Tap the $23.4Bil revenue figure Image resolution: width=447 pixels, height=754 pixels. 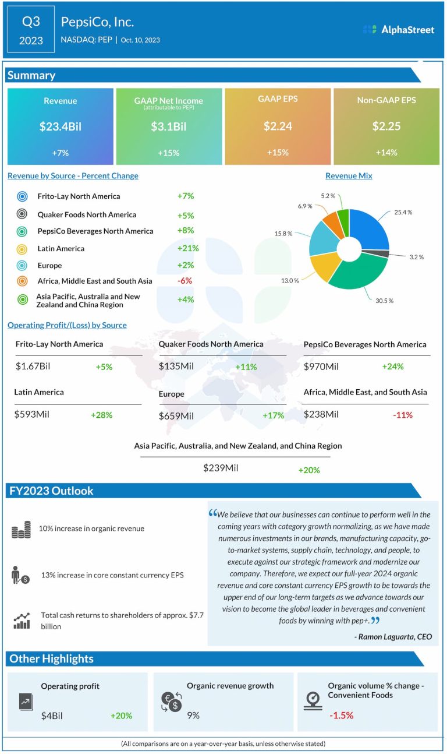(x=60, y=126)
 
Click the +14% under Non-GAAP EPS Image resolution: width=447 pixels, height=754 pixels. (x=386, y=153)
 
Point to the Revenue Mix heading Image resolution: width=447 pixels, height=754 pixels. (x=349, y=176)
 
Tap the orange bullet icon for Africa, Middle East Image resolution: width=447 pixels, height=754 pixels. (x=22, y=281)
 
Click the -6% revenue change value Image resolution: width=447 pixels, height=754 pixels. (x=185, y=280)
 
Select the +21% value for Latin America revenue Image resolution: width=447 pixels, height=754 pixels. (x=188, y=248)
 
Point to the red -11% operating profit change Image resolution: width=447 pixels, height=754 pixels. (x=402, y=415)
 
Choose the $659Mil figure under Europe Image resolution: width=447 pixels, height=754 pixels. (x=176, y=415)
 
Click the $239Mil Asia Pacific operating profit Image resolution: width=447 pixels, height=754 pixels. (x=221, y=467)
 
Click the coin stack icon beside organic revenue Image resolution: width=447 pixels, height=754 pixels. (x=22, y=530)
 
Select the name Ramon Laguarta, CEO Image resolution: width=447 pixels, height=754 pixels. (x=393, y=637)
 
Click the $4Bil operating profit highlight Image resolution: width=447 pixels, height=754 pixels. (x=52, y=715)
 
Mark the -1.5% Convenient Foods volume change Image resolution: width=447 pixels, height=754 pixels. (x=341, y=715)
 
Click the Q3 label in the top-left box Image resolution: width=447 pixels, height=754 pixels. (x=31, y=22)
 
